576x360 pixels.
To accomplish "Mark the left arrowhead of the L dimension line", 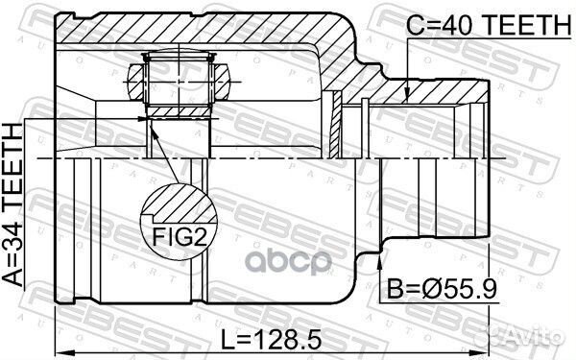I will (x=60, y=321).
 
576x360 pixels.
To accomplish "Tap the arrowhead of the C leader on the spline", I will (x=408, y=97).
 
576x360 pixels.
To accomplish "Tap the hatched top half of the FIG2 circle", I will (x=177, y=202).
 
